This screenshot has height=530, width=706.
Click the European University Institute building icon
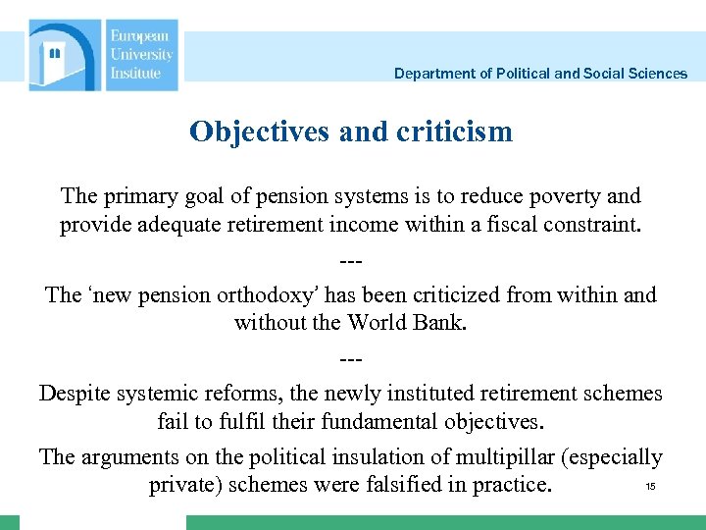click(64, 56)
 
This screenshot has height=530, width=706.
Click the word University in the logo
click(141, 55)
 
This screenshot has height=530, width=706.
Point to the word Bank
click(436, 323)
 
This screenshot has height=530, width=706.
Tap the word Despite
click(77, 393)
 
